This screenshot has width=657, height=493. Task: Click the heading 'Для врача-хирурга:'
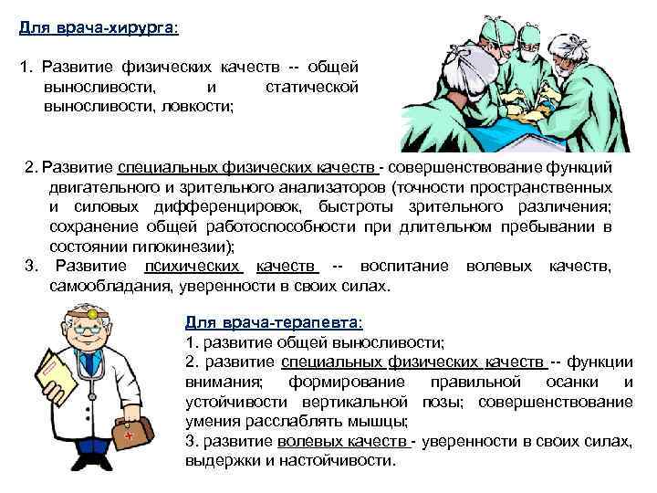99,27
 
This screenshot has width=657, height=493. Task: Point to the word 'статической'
311,87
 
